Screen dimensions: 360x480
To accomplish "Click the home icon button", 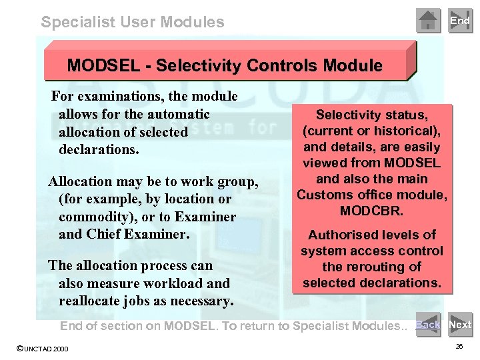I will click(x=428, y=21).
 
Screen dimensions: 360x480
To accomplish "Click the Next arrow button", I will click(x=460, y=325).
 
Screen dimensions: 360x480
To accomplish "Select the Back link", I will click(x=427, y=325).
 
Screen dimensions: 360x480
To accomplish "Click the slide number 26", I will click(x=459, y=347).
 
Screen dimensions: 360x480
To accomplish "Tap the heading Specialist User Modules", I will click(x=133, y=22).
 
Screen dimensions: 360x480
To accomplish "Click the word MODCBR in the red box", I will click(x=371, y=211).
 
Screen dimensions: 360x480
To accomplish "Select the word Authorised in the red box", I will click(x=339, y=235).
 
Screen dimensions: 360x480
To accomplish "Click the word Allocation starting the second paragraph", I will click(x=79, y=181).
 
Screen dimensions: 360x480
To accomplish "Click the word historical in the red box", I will click(x=402, y=131).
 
